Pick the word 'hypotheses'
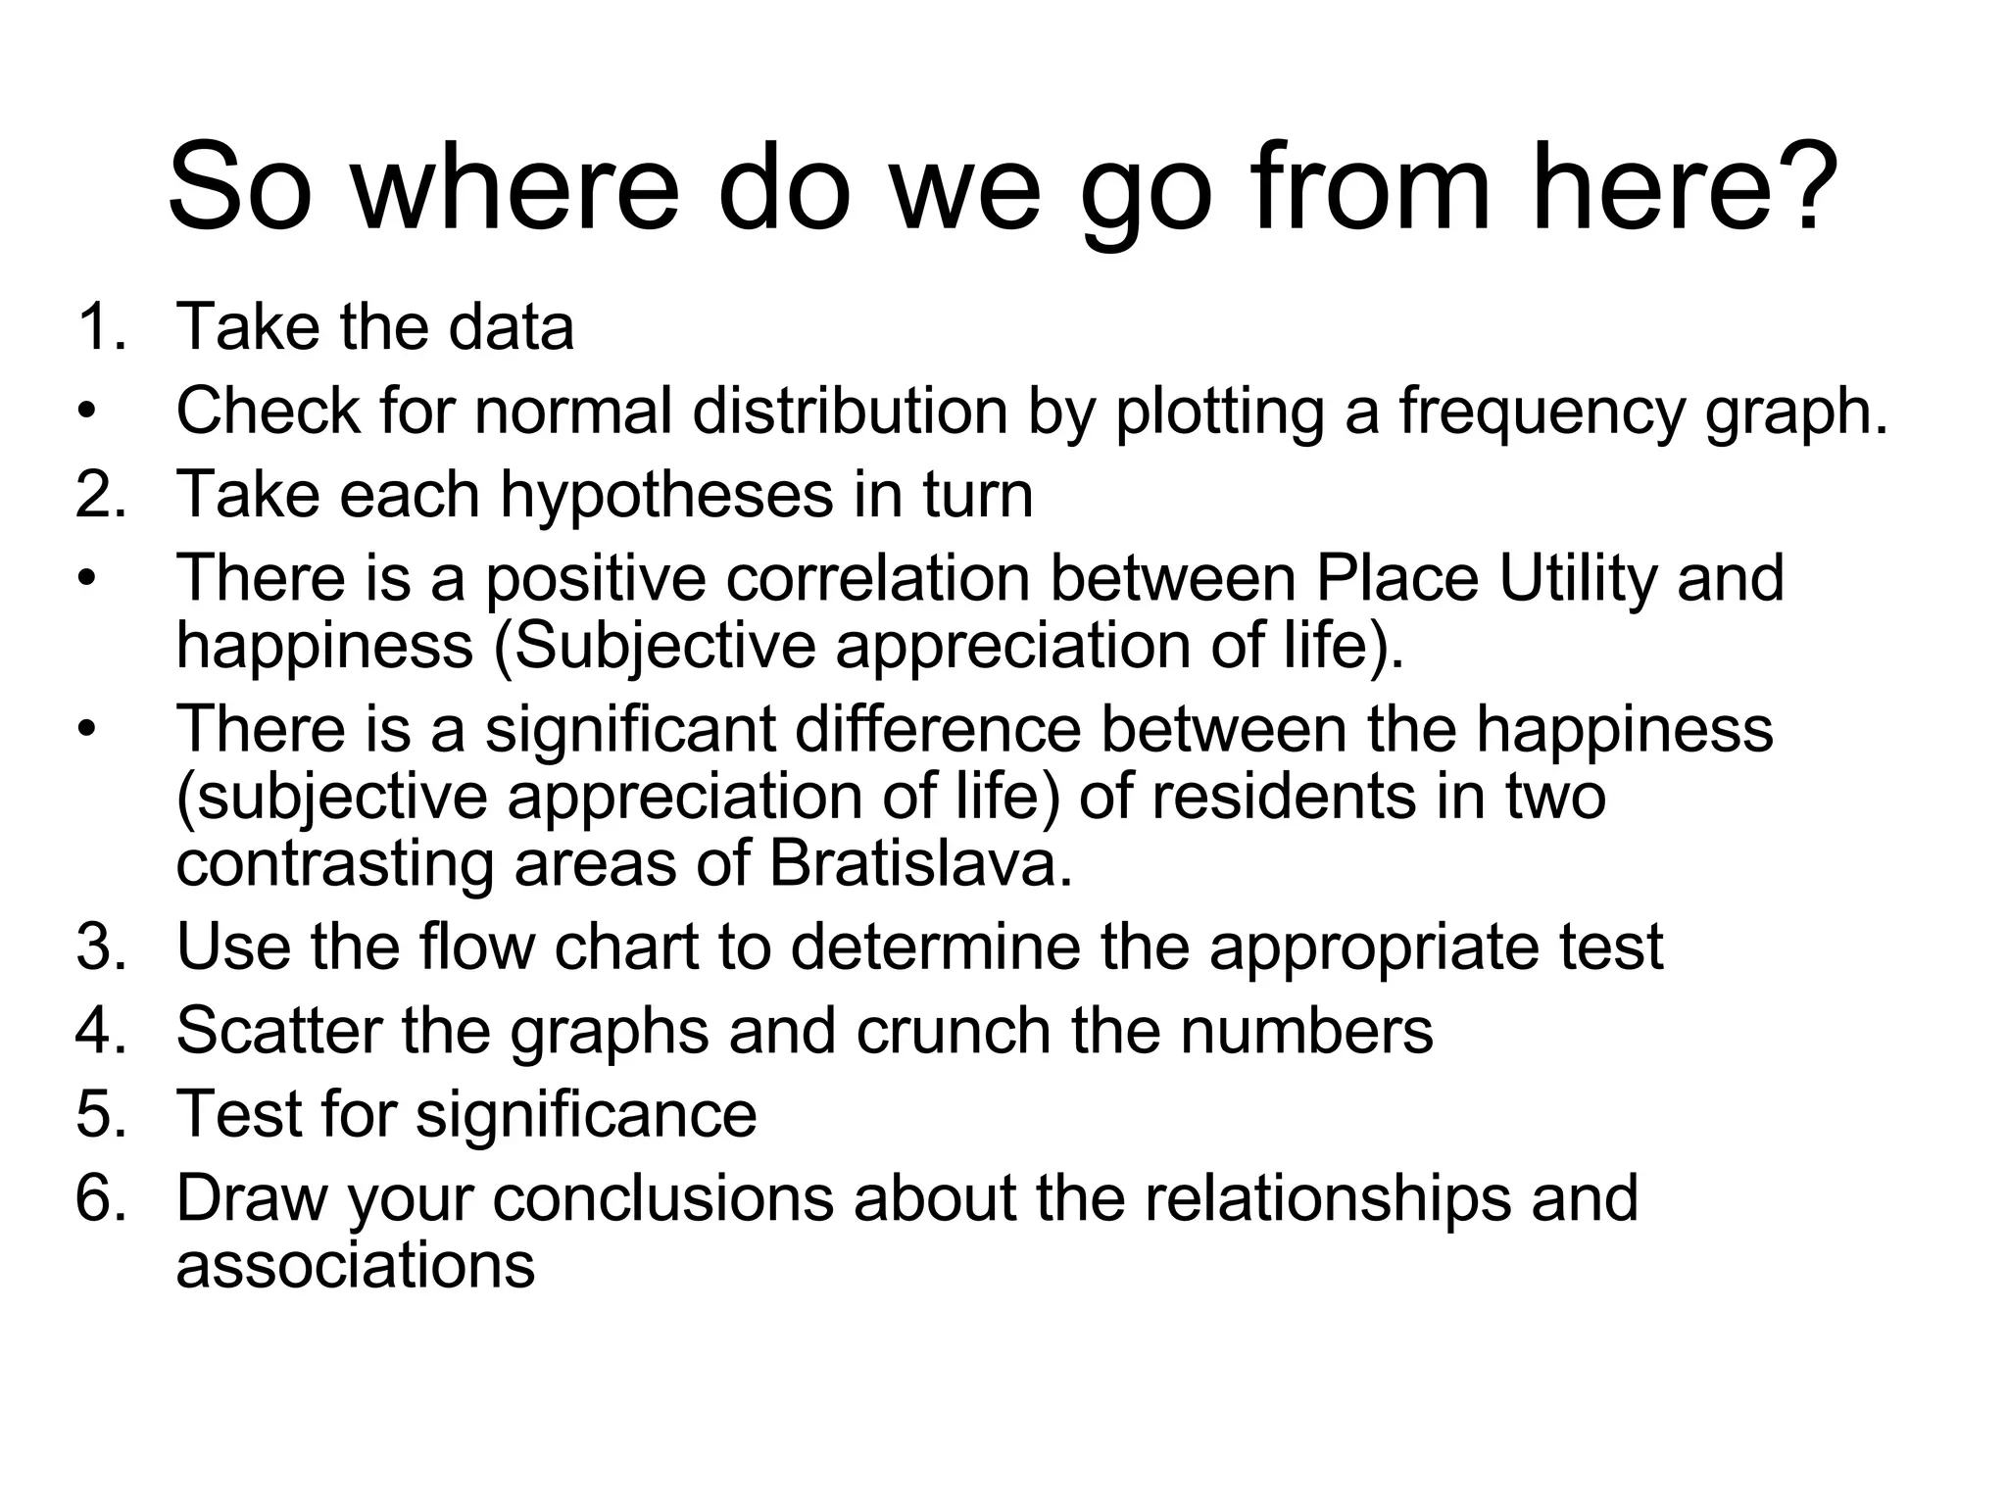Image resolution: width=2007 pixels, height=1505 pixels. pos(666,495)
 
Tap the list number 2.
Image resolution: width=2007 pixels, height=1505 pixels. pos(98,495)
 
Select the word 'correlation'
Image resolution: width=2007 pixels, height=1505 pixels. pos(878,578)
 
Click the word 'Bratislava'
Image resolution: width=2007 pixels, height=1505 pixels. pos(919,864)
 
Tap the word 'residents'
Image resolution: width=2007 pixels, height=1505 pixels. pos(1284,797)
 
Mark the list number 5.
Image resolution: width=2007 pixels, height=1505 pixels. pos(98,1114)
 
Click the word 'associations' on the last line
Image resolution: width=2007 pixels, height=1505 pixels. pos(355,1265)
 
